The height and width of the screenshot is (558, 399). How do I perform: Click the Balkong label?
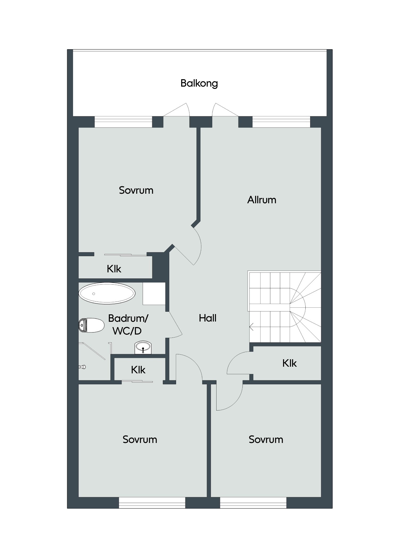point(199,83)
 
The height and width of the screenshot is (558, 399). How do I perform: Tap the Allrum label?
point(262,200)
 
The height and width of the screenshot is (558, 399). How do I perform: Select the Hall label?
point(207,318)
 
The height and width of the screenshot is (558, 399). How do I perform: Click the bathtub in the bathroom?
point(107,293)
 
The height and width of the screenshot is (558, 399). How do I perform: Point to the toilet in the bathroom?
point(91,325)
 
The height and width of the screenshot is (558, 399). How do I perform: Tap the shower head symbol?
point(82,367)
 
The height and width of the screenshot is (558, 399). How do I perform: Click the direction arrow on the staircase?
point(251,327)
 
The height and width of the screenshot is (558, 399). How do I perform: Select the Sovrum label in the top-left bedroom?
point(136,190)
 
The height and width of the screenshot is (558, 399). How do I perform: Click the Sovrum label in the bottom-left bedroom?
point(140,439)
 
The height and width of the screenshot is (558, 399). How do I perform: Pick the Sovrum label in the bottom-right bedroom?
point(266,439)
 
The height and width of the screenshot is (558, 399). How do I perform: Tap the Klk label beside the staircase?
point(289,363)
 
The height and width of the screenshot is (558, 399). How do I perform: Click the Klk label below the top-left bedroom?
point(114,269)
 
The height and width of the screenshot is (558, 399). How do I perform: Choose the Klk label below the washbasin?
point(138,370)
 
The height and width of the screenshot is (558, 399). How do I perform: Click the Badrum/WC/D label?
point(128,324)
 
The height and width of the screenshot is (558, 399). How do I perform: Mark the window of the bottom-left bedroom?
point(152,503)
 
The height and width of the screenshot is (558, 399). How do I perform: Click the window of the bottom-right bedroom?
point(253,503)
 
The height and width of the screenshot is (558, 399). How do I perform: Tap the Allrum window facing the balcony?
point(281,122)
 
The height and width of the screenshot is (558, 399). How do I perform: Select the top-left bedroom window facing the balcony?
point(123,122)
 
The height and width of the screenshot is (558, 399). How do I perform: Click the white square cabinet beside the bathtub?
point(154,294)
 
